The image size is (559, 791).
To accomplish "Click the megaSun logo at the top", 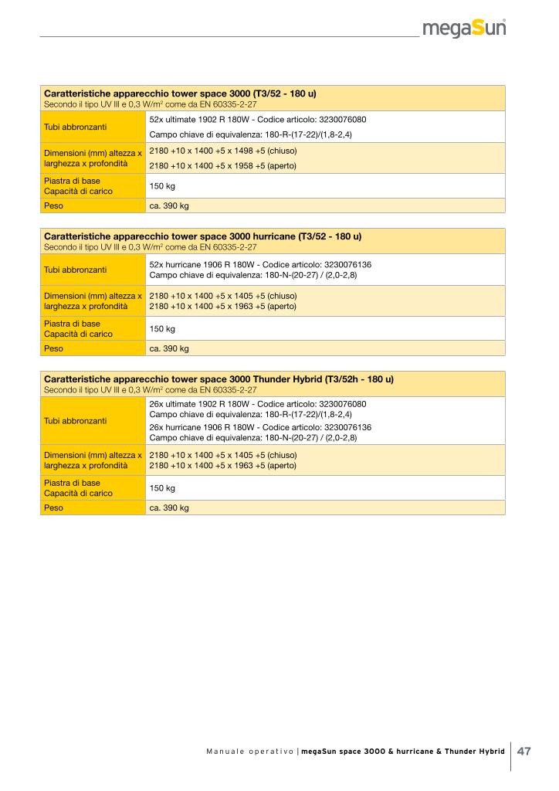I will point(465,29).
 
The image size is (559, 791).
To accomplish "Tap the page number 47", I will point(524,752).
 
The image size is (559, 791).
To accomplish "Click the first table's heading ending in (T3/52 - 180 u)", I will point(180,93).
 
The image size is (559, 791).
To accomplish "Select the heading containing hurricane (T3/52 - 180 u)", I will point(202,236).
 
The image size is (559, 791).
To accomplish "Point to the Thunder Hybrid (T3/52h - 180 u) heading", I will point(219,380).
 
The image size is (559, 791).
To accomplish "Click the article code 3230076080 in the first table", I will point(340,120).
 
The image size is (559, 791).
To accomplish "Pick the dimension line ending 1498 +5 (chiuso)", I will point(222,151).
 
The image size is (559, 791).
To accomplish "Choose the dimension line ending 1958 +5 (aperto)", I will point(222,166).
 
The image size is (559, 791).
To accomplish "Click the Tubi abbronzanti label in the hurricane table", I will point(76,270).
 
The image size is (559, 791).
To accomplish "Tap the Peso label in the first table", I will point(53,206).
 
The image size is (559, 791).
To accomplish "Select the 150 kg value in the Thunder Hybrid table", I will point(162,488).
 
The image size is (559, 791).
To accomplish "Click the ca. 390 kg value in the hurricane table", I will point(168,348).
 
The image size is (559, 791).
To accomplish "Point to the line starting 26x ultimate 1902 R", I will point(257,404).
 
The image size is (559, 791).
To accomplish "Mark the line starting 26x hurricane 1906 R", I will point(260,427).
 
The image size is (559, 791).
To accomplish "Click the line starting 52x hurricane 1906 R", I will point(260,264).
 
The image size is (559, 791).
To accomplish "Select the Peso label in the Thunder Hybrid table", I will point(53,508).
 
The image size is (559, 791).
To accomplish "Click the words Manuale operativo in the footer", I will point(249,752).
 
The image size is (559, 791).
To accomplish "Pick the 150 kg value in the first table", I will point(162,186).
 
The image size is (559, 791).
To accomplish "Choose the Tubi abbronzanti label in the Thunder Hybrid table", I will point(76,421).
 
